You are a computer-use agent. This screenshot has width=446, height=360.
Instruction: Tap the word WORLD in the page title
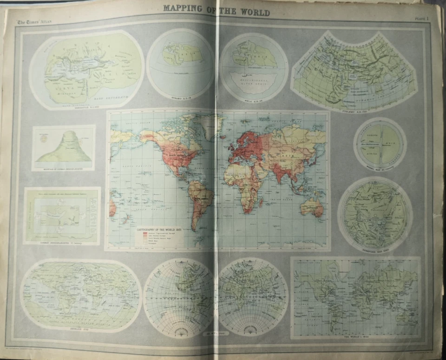(x=253, y=12)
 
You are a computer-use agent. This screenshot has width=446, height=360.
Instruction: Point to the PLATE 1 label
(x=422, y=19)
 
